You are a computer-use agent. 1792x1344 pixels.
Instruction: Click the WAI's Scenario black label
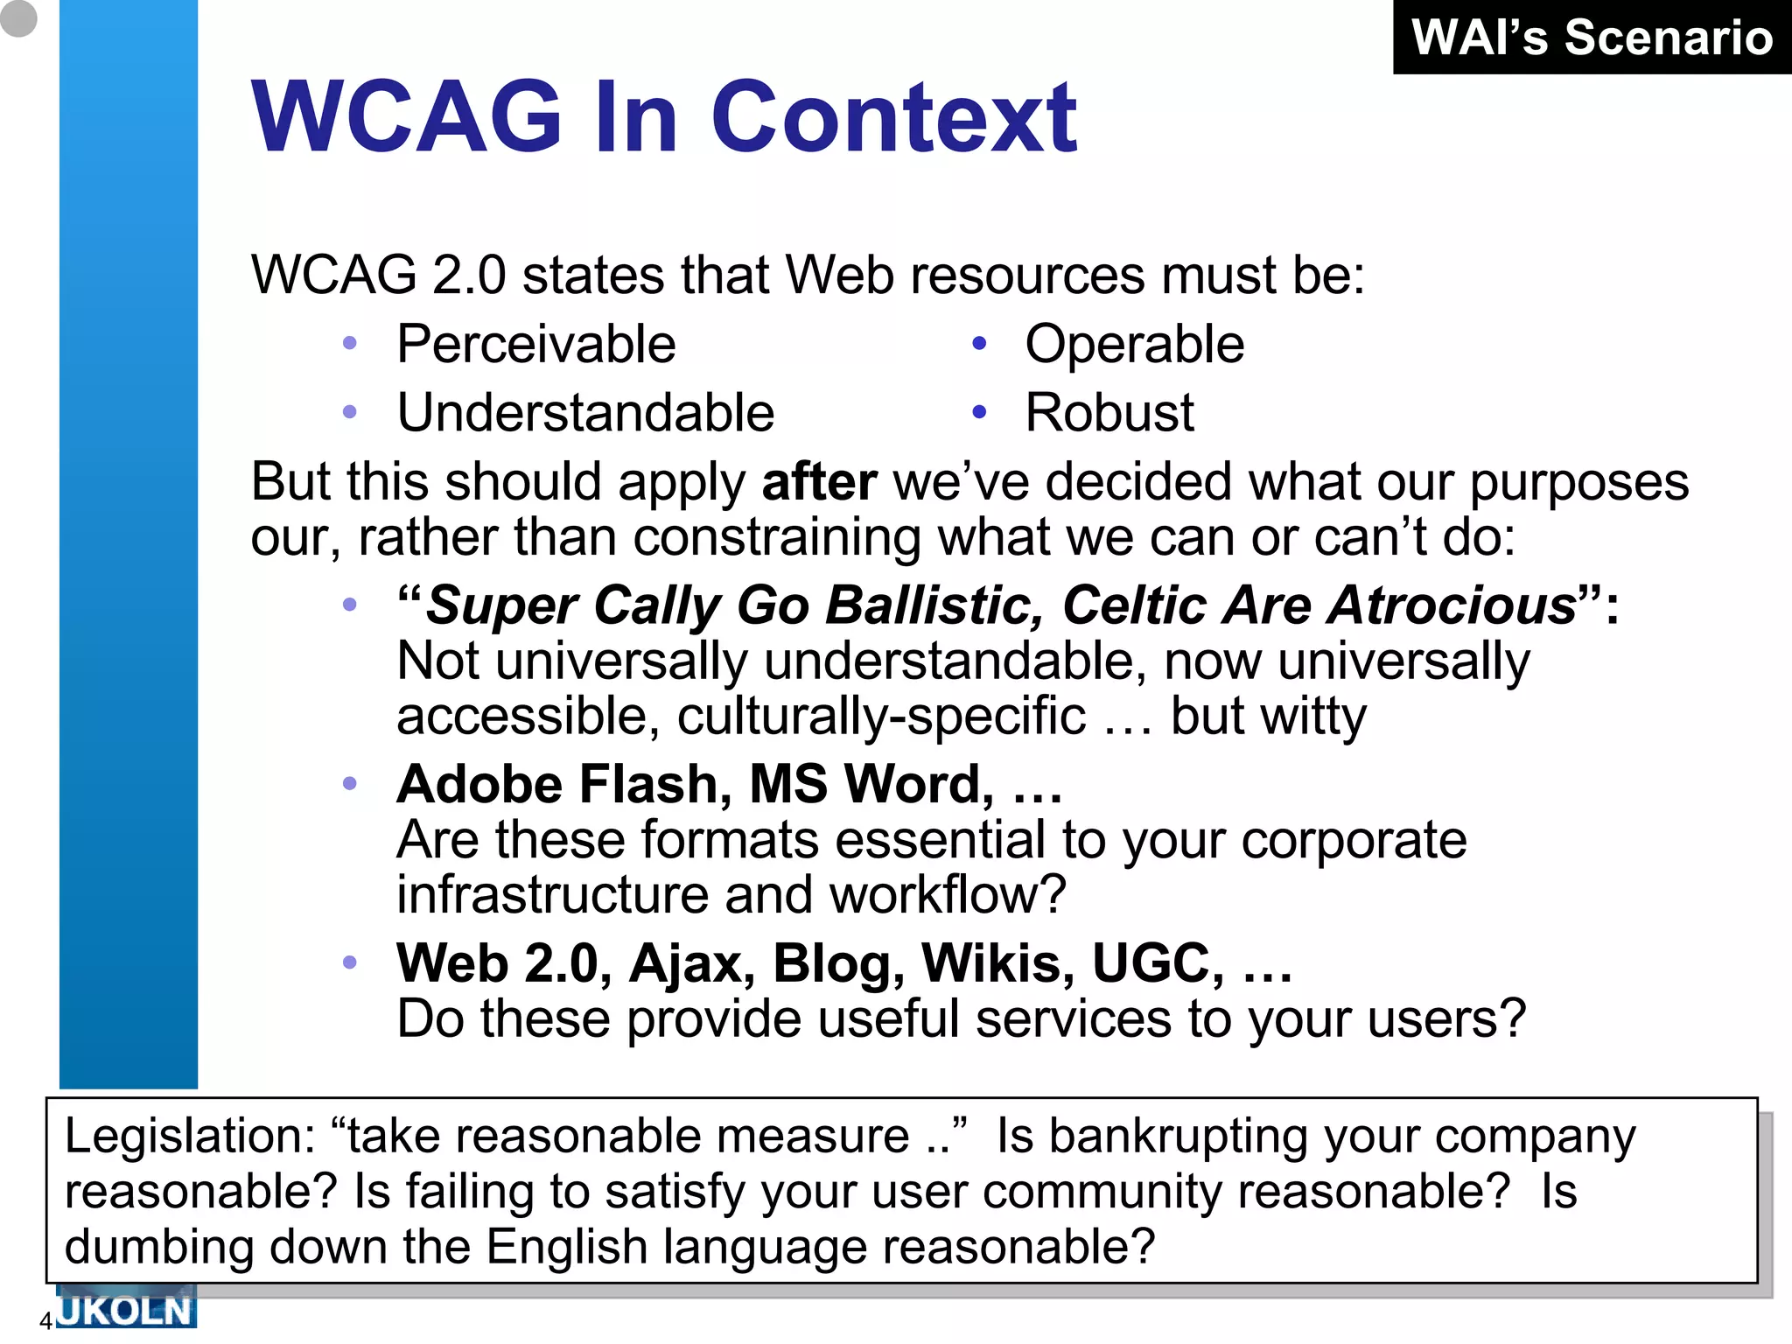pyautogui.click(x=1592, y=38)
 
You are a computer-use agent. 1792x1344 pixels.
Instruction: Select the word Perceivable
pyautogui.click(x=535, y=344)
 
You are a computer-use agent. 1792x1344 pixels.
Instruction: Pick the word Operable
pyautogui.click(x=1134, y=344)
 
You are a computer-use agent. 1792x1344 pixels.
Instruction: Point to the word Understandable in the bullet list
pyautogui.click(x=585, y=413)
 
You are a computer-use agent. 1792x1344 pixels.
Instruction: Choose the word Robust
pyautogui.click(x=1109, y=413)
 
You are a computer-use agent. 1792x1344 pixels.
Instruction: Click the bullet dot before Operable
pyautogui.click(x=979, y=344)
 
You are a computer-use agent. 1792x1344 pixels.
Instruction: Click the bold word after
pyautogui.click(x=819, y=482)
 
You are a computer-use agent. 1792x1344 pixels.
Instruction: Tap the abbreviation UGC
pyautogui.click(x=1157, y=963)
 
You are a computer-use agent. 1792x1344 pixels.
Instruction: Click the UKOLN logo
pyautogui.click(x=125, y=1309)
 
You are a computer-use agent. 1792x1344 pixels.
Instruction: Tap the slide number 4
pyautogui.click(x=46, y=1321)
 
